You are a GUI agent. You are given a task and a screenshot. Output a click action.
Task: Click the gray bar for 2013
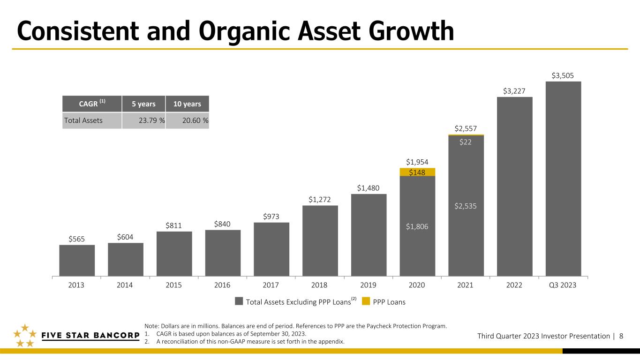[77, 260]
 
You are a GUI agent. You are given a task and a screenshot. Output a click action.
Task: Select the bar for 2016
[223, 253]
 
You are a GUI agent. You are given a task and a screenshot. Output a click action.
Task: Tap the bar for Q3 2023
[563, 179]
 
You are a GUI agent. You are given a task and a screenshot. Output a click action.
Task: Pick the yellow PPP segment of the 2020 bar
[417, 172]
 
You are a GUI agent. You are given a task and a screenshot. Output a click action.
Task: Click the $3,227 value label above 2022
[514, 91]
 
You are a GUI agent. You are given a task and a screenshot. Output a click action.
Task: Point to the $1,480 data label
[368, 188]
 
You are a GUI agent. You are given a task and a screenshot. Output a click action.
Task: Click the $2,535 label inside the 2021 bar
[466, 206]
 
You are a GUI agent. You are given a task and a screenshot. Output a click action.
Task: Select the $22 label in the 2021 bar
[466, 142]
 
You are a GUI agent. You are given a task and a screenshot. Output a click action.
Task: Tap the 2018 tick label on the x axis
[319, 285]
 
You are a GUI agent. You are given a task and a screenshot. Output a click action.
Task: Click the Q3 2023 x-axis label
[563, 285]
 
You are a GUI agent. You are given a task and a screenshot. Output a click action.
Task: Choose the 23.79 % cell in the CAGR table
[144, 120]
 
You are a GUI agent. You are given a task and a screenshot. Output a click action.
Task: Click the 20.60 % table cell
[188, 120]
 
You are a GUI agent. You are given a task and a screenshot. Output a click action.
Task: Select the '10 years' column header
[187, 104]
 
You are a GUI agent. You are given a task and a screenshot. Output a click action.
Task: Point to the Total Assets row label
[83, 120]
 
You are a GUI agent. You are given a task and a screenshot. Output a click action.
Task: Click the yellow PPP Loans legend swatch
[366, 301]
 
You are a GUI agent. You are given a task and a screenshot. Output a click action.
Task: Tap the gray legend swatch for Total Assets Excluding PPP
[239, 301]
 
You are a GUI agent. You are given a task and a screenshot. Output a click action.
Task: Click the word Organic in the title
[244, 31]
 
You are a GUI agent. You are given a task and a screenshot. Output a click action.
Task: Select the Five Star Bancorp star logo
[25, 336]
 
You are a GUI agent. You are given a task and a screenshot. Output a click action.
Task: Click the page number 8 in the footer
[621, 336]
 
